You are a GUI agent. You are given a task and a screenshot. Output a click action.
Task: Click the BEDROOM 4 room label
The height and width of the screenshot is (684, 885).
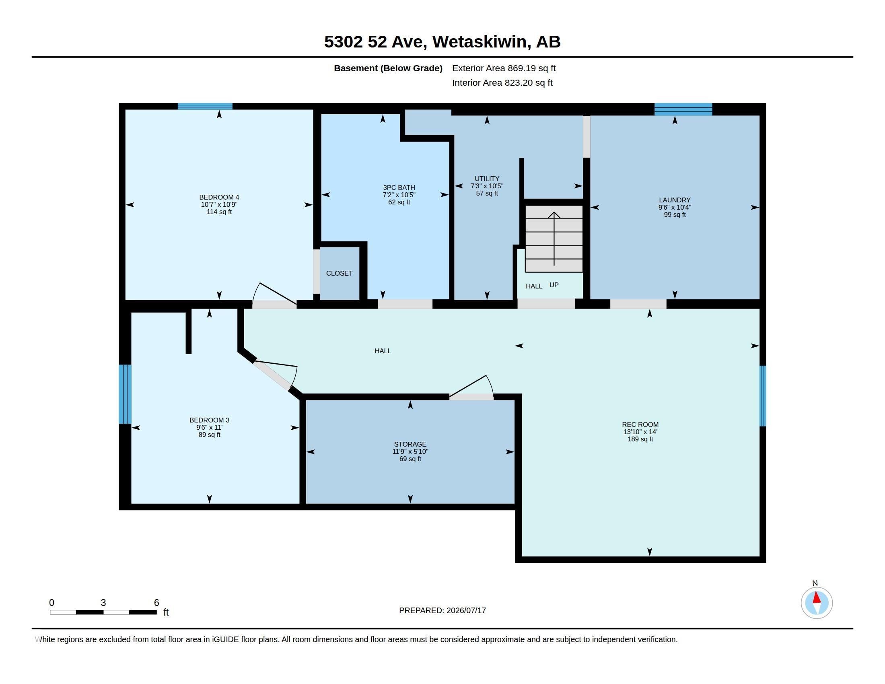219,197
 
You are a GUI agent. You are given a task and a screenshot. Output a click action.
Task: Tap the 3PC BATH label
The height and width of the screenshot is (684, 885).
399,187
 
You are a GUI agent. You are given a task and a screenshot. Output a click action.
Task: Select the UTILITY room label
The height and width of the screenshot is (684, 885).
487,179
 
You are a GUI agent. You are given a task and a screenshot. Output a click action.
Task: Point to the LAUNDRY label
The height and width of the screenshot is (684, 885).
675,200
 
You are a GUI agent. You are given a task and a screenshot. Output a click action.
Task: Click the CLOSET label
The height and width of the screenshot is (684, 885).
339,274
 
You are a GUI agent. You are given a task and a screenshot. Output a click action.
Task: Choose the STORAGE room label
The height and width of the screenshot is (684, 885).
410,445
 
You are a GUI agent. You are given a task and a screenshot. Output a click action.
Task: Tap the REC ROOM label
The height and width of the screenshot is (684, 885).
640,424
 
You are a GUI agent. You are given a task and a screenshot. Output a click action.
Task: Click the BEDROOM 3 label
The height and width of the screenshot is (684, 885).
209,420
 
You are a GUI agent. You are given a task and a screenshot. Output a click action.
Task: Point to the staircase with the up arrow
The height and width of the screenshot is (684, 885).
554,239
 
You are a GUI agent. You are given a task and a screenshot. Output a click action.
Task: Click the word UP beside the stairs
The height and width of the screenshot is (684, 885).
554,285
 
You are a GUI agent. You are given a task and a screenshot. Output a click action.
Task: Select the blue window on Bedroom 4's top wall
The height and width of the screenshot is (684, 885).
205,107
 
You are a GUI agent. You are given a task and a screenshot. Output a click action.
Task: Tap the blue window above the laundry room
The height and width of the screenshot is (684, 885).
683,109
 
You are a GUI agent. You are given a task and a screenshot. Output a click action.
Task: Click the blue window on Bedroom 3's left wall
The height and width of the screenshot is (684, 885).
125,394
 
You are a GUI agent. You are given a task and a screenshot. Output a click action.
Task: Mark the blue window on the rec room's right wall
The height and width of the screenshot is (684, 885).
763,396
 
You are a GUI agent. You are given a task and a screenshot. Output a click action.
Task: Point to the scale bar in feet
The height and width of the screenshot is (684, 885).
103,612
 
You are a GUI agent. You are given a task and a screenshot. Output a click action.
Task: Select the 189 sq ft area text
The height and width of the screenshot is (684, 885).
640,439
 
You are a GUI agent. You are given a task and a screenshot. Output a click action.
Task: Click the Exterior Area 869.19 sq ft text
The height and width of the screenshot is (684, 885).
504,68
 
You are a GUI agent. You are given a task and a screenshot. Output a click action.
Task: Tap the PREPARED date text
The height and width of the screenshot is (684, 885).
442,610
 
